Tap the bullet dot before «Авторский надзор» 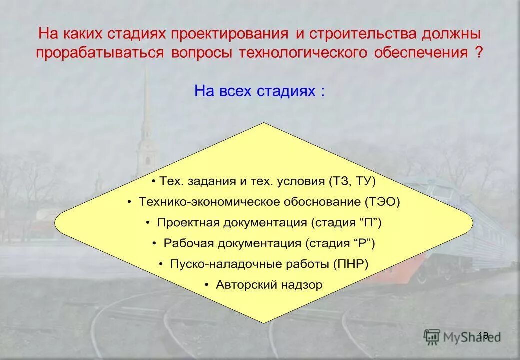click(207, 285)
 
